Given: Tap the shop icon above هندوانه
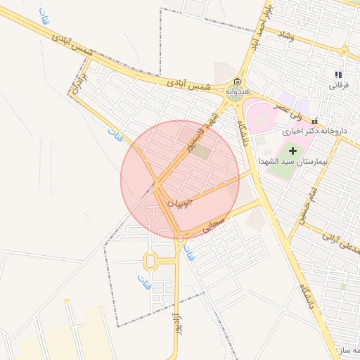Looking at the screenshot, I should [236, 81].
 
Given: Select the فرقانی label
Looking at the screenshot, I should [338, 85].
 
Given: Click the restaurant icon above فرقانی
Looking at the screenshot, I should [338, 75].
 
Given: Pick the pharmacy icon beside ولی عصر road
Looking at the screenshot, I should [315, 120].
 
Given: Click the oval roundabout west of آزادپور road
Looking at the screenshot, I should [150, 262].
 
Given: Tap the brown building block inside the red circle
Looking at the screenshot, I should [202, 151].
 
